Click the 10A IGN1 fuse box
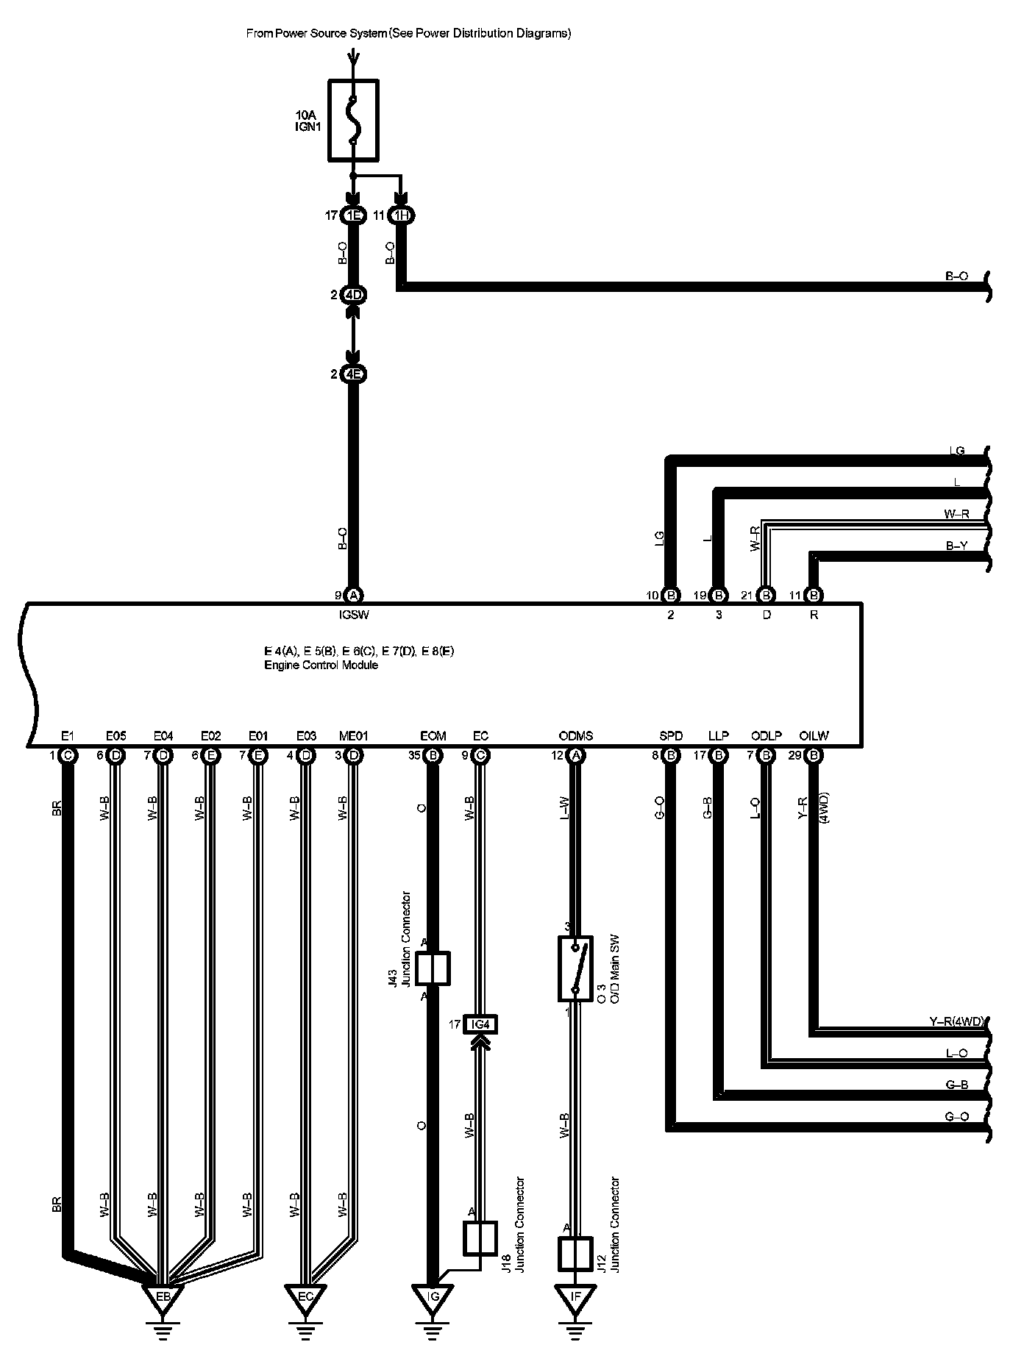point(353,120)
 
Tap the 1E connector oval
point(353,215)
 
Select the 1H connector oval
point(401,215)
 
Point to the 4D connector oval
point(353,295)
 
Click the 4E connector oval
point(353,374)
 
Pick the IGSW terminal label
point(354,615)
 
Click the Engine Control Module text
point(321,665)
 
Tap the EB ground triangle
point(163,1296)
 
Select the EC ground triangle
point(305,1296)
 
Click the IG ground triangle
point(433,1296)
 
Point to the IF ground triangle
point(575,1296)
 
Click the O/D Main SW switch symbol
point(575,968)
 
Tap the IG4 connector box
point(480,1024)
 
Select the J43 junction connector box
point(433,968)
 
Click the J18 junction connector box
point(480,1238)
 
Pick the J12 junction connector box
point(575,1254)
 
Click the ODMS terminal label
point(575,736)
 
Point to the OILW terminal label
point(814,736)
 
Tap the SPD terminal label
point(671,736)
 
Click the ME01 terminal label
point(353,736)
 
